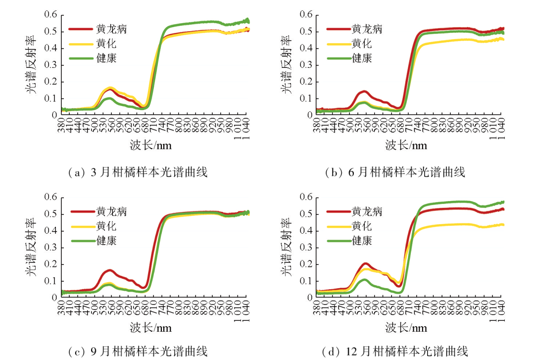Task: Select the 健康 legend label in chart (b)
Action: (x=362, y=58)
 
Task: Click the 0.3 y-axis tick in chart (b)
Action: (x=306, y=65)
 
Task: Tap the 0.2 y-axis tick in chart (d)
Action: (x=306, y=264)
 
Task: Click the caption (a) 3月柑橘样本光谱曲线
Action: (x=137, y=172)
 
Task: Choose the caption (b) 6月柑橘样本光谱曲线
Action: (x=395, y=172)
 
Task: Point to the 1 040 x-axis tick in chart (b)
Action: (x=501, y=127)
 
